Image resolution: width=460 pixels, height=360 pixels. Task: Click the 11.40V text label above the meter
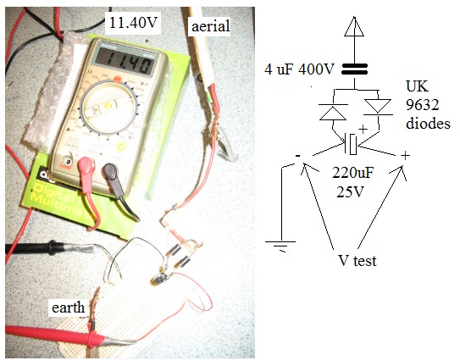(x=133, y=23)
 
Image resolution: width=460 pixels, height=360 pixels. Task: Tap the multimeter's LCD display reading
(x=125, y=63)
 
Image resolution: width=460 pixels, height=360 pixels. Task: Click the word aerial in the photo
(x=211, y=26)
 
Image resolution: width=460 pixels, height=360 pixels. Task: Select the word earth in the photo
(x=68, y=307)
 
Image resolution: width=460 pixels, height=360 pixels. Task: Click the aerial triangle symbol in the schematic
(x=354, y=26)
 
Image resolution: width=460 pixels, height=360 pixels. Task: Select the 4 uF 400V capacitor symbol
(x=354, y=69)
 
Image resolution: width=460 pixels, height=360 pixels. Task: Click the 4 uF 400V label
(x=299, y=69)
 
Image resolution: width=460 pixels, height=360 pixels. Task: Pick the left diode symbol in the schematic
(x=333, y=112)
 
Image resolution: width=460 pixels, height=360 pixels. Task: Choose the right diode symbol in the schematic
(x=378, y=107)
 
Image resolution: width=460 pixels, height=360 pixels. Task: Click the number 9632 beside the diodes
(x=422, y=105)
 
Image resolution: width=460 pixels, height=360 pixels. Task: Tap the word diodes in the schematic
(x=428, y=123)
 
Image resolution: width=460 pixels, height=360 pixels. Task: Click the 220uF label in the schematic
(x=353, y=173)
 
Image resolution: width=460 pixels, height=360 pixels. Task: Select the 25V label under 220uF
(x=350, y=191)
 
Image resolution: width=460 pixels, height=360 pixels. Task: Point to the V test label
(x=357, y=260)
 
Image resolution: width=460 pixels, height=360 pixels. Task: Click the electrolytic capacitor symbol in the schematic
(x=351, y=144)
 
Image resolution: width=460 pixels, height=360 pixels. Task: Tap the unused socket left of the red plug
(x=69, y=162)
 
